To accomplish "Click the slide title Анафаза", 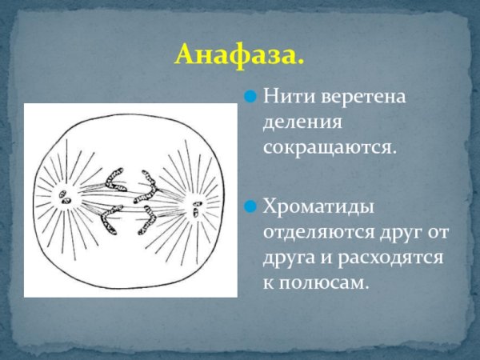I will point(239,54).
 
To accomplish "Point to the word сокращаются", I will point(330,148).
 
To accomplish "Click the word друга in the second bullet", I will point(290,258).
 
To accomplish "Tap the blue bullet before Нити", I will point(250,98).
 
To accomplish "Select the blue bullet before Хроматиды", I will point(250,206).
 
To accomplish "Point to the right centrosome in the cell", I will point(194,210).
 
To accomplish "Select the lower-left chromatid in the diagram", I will point(111,219).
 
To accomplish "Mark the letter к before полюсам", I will point(269,283).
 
